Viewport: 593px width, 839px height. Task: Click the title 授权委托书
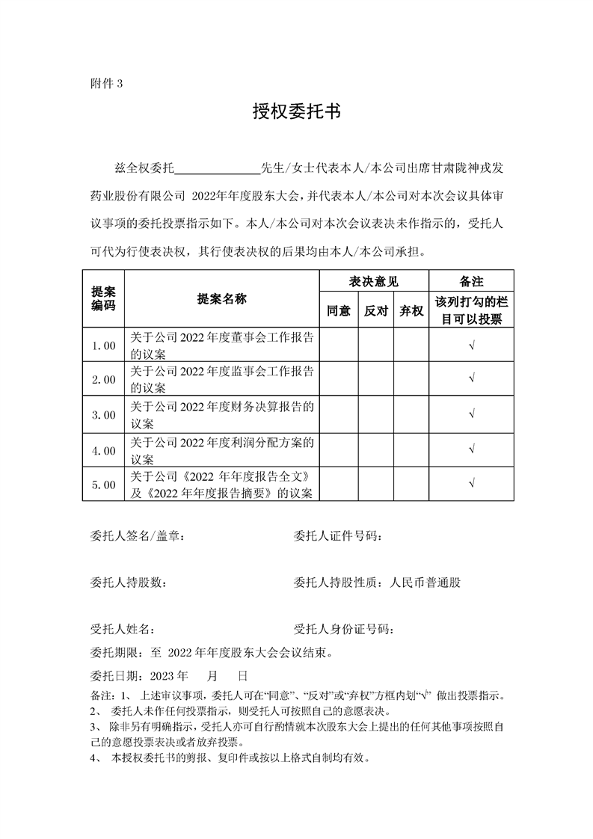click(296, 113)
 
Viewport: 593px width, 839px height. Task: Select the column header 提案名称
click(221, 299)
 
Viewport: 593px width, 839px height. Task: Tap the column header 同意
click(338, 310)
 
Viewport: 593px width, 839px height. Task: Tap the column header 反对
click(375, 310)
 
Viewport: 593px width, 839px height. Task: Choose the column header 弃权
click(411, 310)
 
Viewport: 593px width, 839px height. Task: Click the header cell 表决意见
click(374, 282)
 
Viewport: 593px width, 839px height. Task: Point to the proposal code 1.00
click(103, 345)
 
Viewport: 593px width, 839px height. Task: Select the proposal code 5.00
click(103, 485)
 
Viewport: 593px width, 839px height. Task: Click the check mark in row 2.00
click(471, 380)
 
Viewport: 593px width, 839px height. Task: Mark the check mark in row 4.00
click(471, 450)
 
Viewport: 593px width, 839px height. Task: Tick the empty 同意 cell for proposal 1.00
click(338, 345)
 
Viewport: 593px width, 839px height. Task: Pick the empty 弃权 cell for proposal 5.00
click(411, 485)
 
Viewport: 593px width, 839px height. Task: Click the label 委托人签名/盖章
click(135, 536)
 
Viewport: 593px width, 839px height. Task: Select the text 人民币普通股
click(425, 583)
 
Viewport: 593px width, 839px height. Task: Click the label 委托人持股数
click(125, 583)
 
